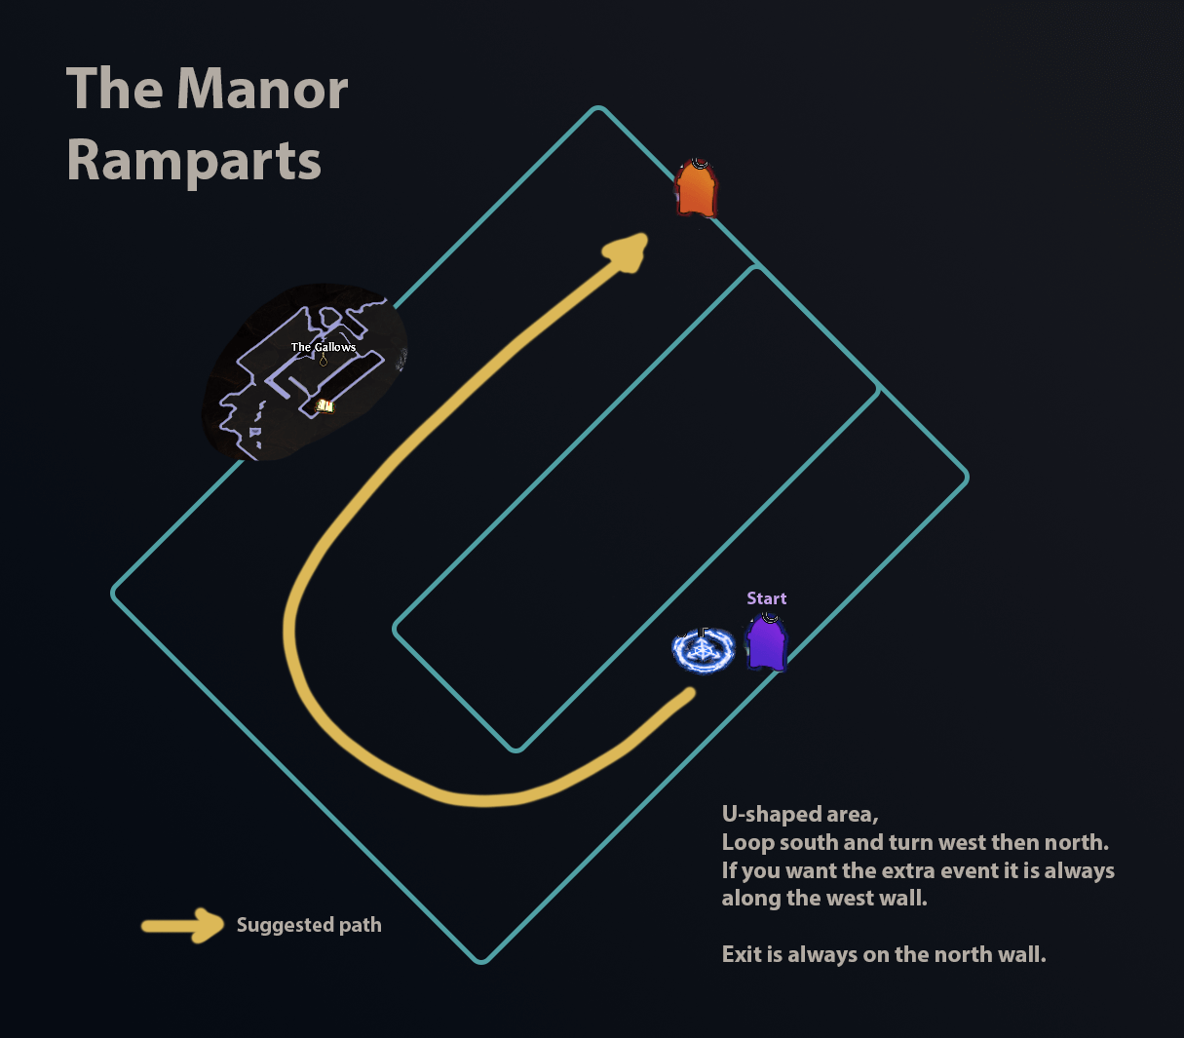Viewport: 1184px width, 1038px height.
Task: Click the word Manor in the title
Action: coord(263,90)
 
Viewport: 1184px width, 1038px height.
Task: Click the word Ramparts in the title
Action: coord(194,161)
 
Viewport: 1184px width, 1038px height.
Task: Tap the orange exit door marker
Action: coord(696,188)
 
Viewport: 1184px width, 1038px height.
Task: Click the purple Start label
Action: coord(766,598)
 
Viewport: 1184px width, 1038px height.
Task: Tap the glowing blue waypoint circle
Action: coord(703,650)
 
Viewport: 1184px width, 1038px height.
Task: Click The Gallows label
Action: coord(324,347)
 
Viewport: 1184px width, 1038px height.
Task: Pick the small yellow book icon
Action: coord(325,405)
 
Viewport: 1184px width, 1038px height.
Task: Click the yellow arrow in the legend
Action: coord(183,925)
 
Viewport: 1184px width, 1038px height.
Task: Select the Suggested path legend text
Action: coord(309,925)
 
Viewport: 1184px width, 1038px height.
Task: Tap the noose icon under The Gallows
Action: coord(324,361)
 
